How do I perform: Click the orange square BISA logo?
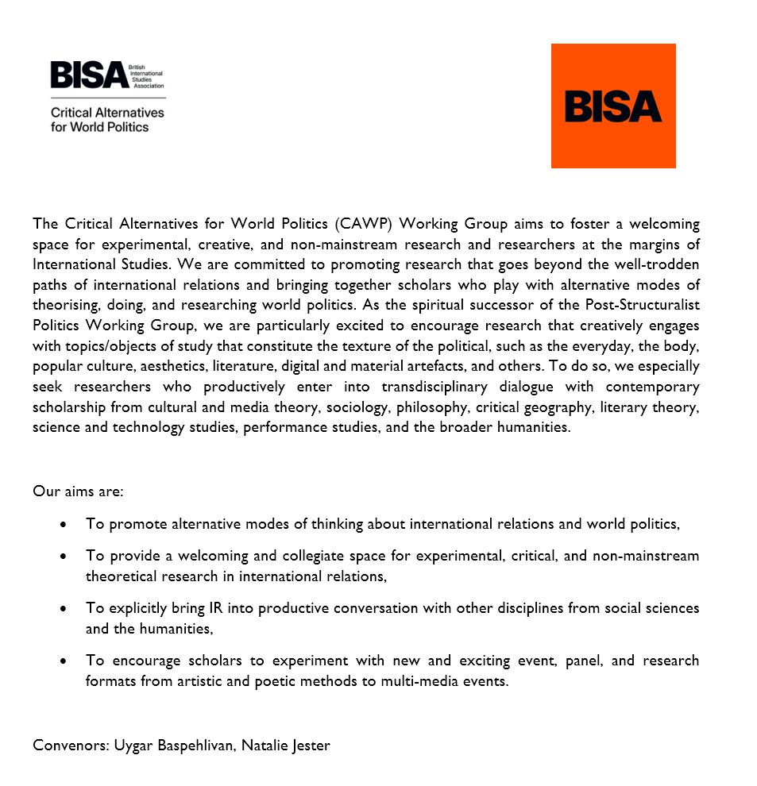point(613,106)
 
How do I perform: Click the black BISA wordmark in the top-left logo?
point(89,75)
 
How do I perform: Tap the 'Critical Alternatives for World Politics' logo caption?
point(107,120)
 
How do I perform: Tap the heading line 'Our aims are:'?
point(78,491)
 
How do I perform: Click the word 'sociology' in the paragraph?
point(327,407)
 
